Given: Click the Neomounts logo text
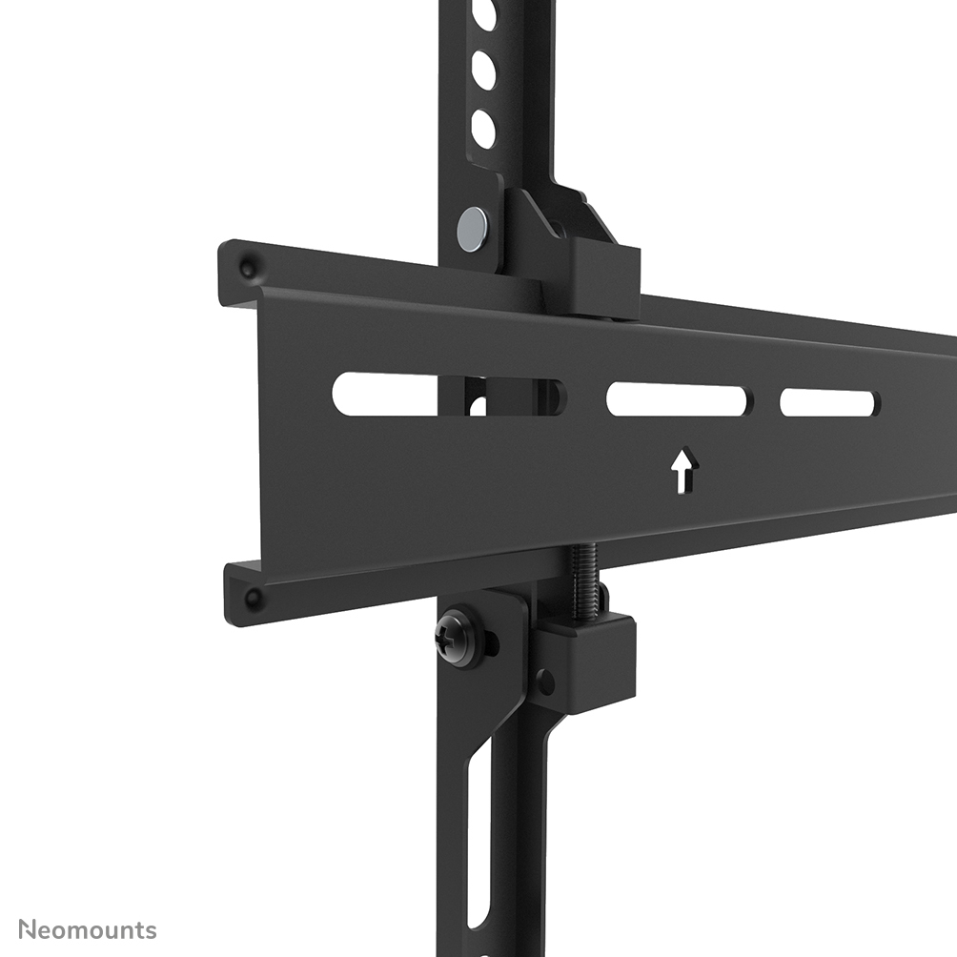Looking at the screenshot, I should pos(87,929).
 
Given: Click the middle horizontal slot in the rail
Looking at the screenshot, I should pos(678,400).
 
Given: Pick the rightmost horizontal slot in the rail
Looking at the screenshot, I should pos(828,402).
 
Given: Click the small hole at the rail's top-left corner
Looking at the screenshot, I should pos(247,267).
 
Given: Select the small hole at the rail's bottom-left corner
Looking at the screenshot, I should pos(253,599).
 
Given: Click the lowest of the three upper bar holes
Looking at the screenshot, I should pos(483,130).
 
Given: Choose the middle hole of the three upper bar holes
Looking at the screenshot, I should pos(483,70).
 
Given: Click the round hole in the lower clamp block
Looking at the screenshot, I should pos(544,682).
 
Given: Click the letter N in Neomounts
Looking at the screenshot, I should pos(29,929).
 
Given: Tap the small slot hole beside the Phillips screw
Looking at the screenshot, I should pos(490,644).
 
